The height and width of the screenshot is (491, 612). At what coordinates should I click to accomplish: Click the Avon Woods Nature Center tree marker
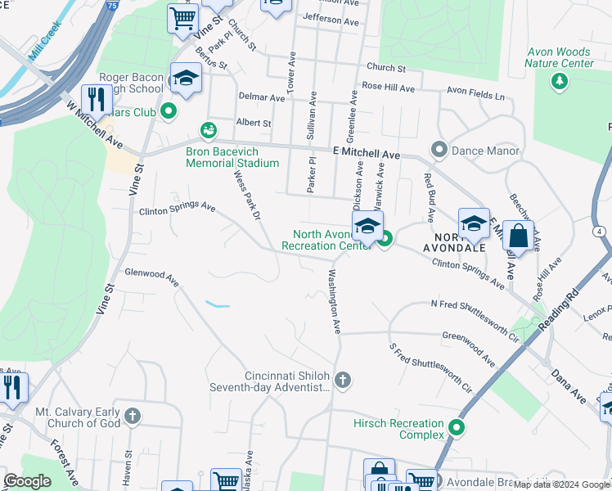(x=560, y=80)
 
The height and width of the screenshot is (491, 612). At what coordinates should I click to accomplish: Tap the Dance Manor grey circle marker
(x=439, y=150)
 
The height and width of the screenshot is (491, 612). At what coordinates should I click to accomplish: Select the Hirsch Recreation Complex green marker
(x=457, y=427)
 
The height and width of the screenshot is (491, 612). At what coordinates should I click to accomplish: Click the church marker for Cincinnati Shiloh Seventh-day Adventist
(x=343, y=380)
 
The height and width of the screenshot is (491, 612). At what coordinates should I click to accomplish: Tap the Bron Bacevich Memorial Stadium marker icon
(x=209, y=129)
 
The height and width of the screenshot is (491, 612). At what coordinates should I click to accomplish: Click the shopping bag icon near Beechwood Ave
(x=518, y=236)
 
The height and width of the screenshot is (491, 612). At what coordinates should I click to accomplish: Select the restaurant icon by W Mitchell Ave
(x=97, y=100)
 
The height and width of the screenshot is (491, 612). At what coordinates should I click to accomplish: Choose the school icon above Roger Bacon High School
(x=186, y=79)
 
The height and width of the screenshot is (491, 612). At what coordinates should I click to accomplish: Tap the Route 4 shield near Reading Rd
(x=601, y=232)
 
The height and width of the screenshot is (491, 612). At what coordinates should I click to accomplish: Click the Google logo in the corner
(x=27, y=481)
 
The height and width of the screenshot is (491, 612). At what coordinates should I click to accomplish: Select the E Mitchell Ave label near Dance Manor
(x=366, y=154)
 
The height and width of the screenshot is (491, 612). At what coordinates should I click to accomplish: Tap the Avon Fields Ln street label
(x=475, y=95)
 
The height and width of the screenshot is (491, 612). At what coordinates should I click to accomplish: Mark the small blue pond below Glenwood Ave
(x=218, y=304)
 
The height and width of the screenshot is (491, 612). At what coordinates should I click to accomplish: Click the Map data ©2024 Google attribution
(x=561, y=484)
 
